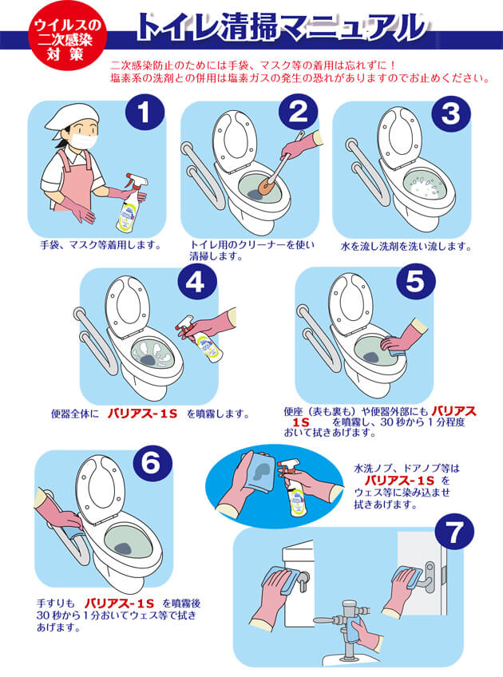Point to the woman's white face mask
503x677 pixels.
(x=84, y=141)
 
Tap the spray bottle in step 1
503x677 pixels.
(x=130, y=202)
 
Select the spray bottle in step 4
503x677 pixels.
(x=202, y=339)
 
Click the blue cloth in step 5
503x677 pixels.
(x=394, y=346)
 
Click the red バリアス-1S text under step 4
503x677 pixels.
(x=142, y=414)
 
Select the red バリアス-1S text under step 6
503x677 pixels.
(x=119, y=604)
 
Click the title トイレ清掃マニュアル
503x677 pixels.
(x=281, y=28)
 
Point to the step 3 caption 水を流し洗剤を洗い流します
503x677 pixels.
(x=406, y=247)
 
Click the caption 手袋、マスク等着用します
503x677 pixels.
(x=101, y=245)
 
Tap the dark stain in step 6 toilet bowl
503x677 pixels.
(x=125, y=548)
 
